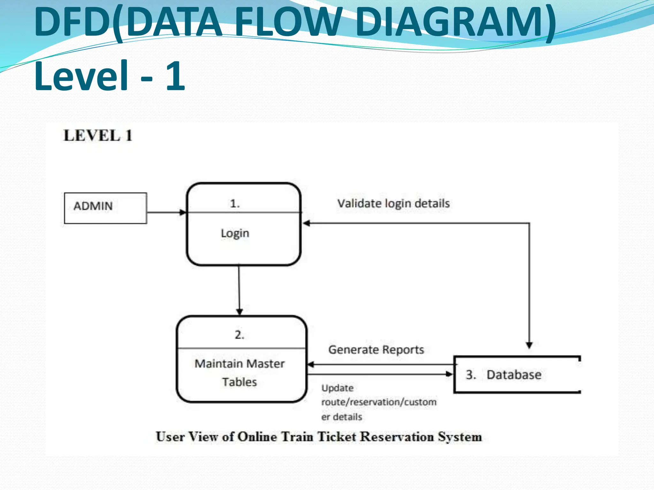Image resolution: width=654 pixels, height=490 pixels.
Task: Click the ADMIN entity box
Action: pos(105,208)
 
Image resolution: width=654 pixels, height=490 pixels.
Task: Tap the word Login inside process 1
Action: pos(235,233)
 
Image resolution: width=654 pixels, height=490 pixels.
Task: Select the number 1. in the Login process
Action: pos(235,204)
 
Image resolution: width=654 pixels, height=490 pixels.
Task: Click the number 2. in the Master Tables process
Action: pos(240,335)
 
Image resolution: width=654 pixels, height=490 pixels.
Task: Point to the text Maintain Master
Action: pos(240,364)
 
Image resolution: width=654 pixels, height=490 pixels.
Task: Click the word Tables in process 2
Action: pos(240,382)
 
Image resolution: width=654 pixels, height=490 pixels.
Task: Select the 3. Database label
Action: pos(504,375)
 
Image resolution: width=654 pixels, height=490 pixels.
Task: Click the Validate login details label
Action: pos(393,204)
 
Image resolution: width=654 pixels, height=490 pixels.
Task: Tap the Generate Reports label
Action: pos(376,350)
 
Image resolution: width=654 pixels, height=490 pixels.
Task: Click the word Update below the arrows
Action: pos(338,388)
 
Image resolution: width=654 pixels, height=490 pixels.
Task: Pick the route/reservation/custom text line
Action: pos(379,402)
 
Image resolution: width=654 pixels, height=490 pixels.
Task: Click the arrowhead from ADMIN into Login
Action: pos(183,212)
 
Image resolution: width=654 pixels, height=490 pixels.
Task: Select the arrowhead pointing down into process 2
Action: pos(240,311)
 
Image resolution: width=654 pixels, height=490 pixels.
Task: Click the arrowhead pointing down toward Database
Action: pos(529,345)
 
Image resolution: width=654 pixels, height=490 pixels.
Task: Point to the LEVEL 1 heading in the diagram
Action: pos(98,136)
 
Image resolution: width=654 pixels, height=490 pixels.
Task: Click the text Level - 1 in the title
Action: pos(110,77)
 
